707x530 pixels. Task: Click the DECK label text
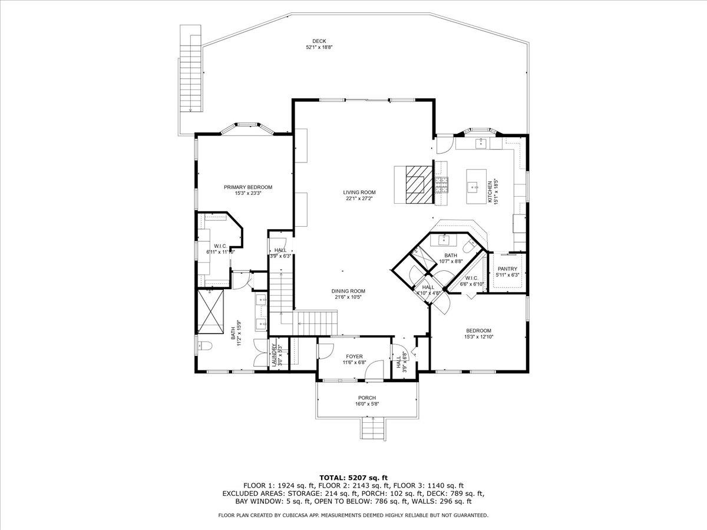pyautogui.click(x=319, y=41)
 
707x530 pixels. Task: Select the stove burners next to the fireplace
pyautogui.click(x=441, y=185)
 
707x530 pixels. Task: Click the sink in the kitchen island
pyautogui.click(x=473, y=187)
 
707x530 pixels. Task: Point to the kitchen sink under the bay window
pyautogui.click(x=481, y=141)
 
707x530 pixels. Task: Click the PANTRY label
pyautogui.click(x=507, y=269)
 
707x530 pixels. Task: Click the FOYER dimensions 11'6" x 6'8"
pyautogui.click(x=354, y=363)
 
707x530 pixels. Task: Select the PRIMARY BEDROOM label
pyautogui.click(x=248, y=187)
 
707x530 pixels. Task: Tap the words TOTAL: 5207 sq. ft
pyautogui.click(x=353, y=477)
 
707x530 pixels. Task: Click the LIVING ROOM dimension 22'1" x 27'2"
pyautogui.click(x=359, y=198)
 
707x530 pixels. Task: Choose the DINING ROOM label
pyautogui.click(x=348, y=291)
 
